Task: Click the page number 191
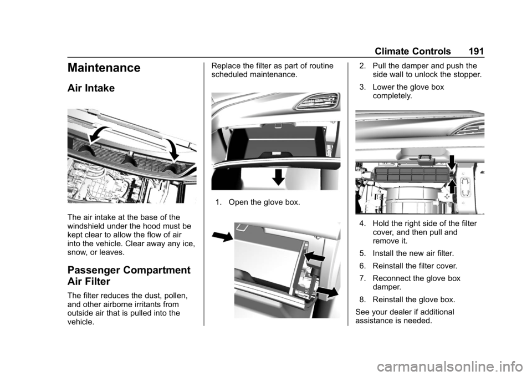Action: pos(476,51)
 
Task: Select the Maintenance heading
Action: pos(104,68)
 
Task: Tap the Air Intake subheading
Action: pos(91,88)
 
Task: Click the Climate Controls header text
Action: pos(412,51)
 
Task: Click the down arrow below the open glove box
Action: pos(279,176)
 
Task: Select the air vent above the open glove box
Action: pos(316,101)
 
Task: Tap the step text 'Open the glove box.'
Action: pos(264,202)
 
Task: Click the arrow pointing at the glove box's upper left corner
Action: pos(222,236)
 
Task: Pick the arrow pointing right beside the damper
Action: pos(327,292)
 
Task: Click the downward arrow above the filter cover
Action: pos(452,162)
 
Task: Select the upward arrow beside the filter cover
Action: pos(452,186)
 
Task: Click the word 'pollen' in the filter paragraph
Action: pos(176,296)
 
